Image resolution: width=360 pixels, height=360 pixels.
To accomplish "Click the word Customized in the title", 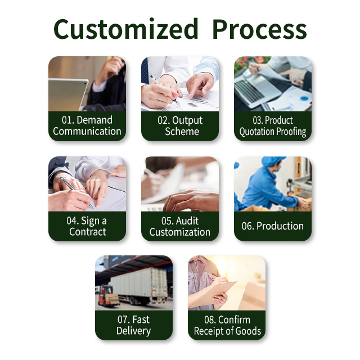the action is pyautogui.click(x=125, y=29).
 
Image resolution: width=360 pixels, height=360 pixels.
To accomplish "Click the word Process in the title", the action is pyautogui.click(x=259, y=29).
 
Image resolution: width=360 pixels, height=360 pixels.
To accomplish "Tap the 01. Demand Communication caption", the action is pyautogui.click(x=87, y=125).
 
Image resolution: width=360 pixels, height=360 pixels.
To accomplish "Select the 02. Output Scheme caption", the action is pyautogui.click(x=180, y=126).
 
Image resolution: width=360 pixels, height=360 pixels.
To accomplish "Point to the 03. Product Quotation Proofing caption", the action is pyautogui.click(x=273, y=126).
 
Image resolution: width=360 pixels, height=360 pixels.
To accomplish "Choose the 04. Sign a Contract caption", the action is pyautogui.click(x=87, y=226).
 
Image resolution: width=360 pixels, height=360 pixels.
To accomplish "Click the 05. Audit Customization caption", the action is pyautogui.click(x=180, y=226).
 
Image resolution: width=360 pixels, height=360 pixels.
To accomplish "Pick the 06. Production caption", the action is pyautogui.click(x=272, y=226).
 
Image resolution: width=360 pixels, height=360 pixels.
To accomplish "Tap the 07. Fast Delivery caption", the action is pyautogui.click(x=134, y=325).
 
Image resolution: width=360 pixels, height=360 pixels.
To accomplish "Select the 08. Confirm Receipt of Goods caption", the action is pyautogui.click(x=227, y=325).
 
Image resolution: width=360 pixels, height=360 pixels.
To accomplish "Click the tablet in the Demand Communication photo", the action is pyautogui.click(x=68, y=94).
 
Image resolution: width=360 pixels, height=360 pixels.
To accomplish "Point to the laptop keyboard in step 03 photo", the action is pyautogui.click(x=249, y=90).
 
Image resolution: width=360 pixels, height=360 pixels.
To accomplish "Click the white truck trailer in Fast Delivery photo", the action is pyautogui.click(x=139, y=283).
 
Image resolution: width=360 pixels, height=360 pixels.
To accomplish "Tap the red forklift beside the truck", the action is pyautogui.click(x=107, y=296).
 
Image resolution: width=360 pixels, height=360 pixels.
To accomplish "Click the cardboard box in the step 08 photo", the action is pyautogui.click(x=252, y=296).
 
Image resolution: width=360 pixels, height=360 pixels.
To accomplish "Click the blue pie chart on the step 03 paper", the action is pyautogui.click(x=304, y=98).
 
